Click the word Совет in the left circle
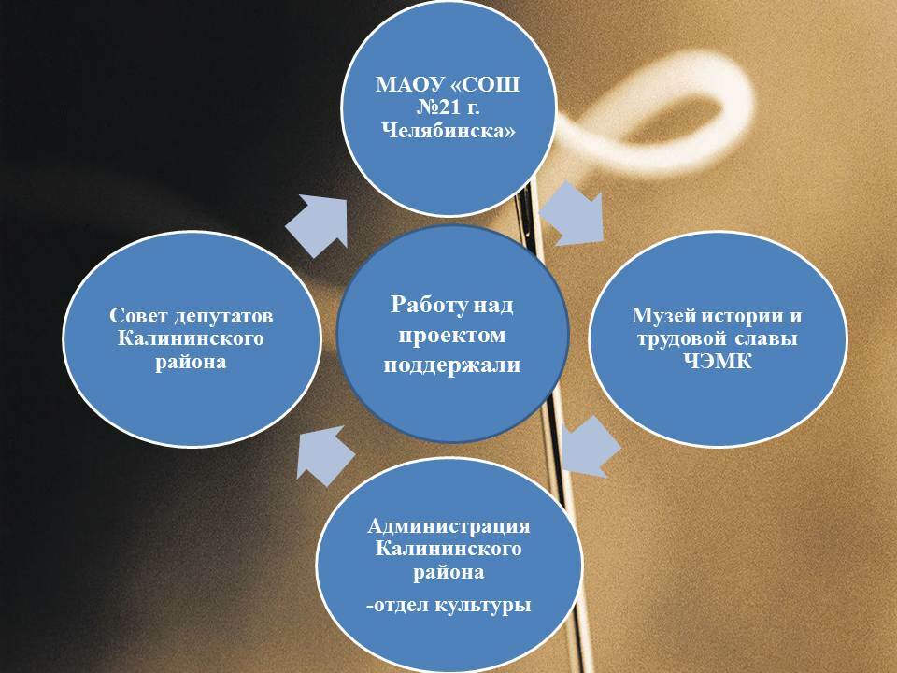137,316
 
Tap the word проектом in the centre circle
452,335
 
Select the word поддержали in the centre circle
452,365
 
